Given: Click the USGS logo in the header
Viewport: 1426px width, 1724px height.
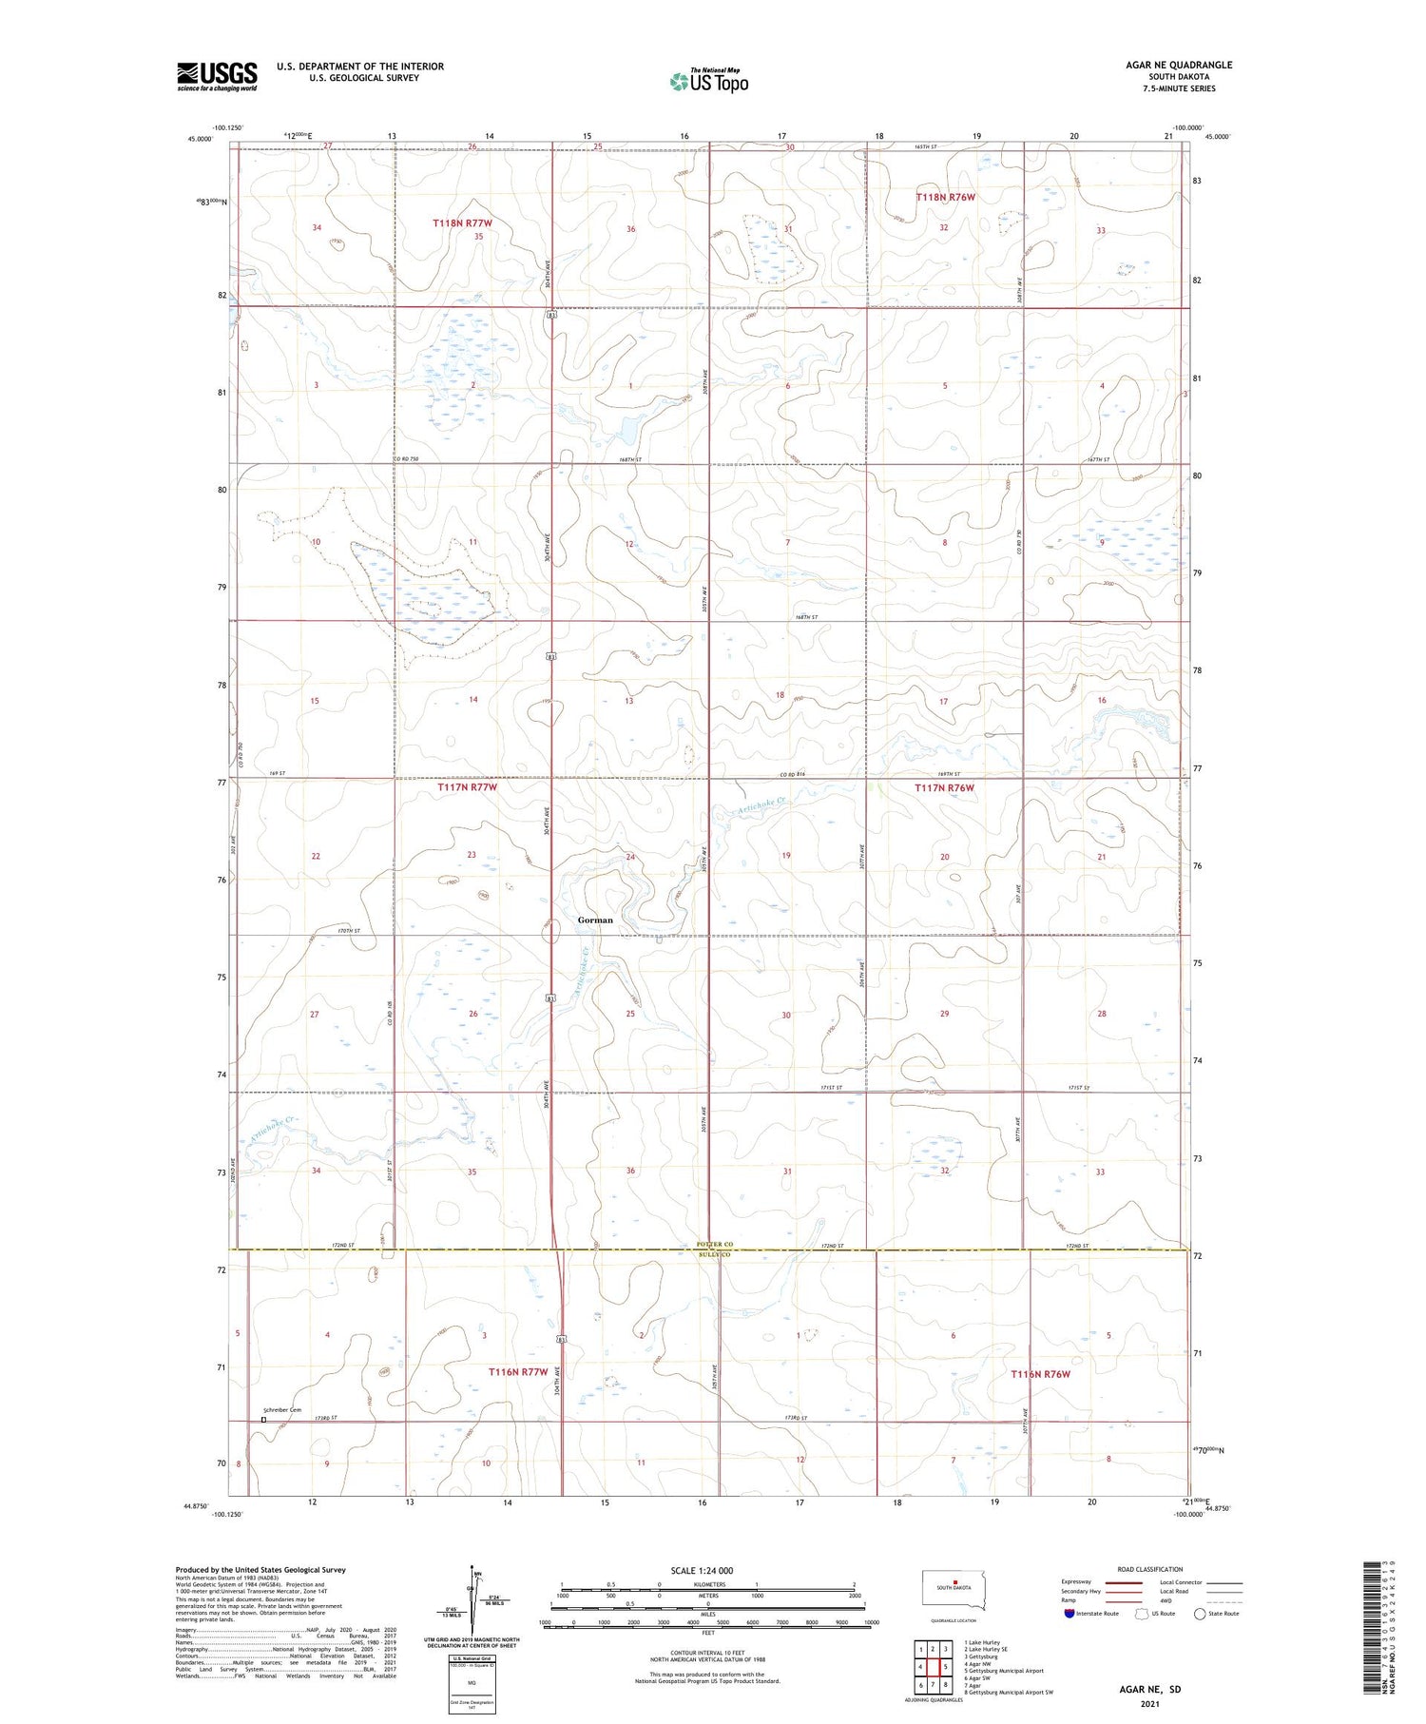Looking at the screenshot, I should (217, 76).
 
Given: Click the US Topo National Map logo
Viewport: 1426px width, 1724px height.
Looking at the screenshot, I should (709, 81).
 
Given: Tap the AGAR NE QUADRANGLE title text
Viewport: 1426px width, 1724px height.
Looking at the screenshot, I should (1178, 65).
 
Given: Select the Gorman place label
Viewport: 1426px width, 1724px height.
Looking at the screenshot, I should (595, 920).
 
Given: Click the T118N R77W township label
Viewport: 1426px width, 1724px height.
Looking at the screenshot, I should (462, 223).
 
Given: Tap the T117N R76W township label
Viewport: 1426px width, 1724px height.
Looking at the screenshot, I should (944, 787).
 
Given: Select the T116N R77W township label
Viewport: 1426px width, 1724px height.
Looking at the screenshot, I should (518, 1372).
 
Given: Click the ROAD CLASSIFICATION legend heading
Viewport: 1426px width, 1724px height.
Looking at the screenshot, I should (1150, 1569).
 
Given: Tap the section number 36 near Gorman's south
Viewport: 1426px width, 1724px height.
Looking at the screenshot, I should (630, 1171).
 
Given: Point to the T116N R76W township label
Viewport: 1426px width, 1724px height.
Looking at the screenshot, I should (1040, 1374).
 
